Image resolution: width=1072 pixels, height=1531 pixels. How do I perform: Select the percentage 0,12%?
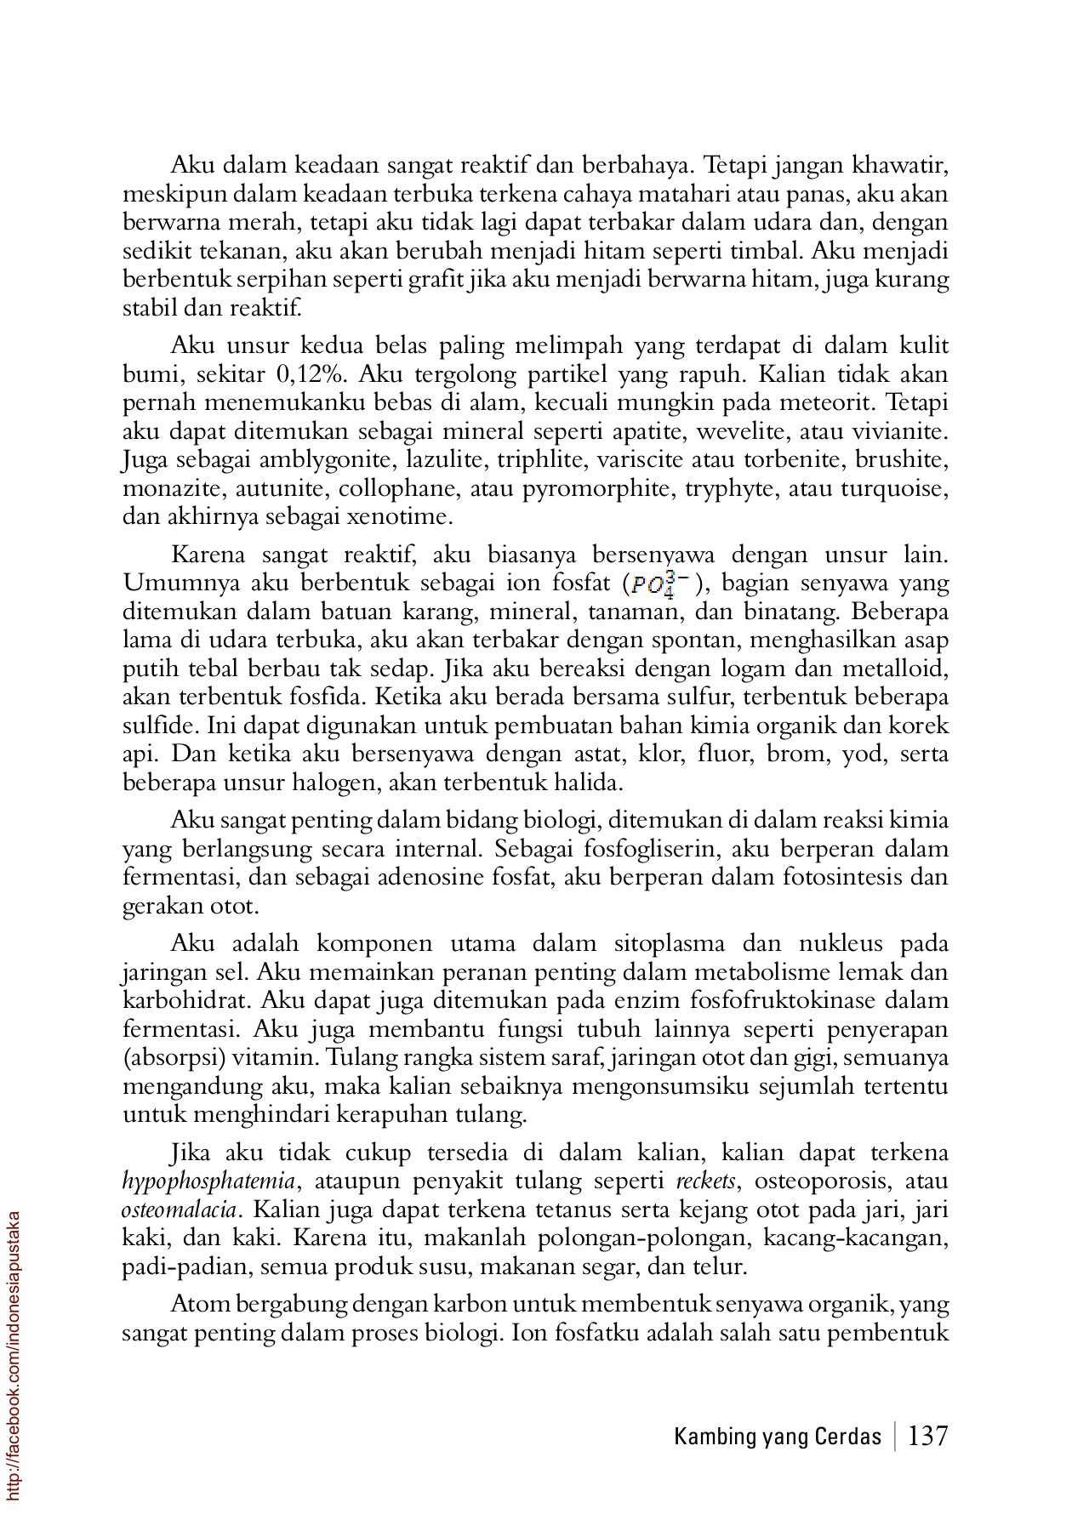click(315, 375)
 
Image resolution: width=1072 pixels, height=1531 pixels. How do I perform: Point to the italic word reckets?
click(705, 1181)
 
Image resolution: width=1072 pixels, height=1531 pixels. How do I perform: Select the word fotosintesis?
click(841, 877)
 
